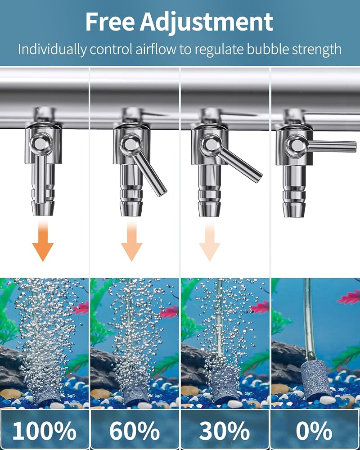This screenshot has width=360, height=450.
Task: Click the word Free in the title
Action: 110,22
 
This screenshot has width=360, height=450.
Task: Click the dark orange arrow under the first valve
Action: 43,241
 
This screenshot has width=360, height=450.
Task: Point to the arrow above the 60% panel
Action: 132,241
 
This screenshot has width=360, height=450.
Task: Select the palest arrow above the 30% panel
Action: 210,241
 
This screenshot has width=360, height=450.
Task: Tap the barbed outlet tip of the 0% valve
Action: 294,210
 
